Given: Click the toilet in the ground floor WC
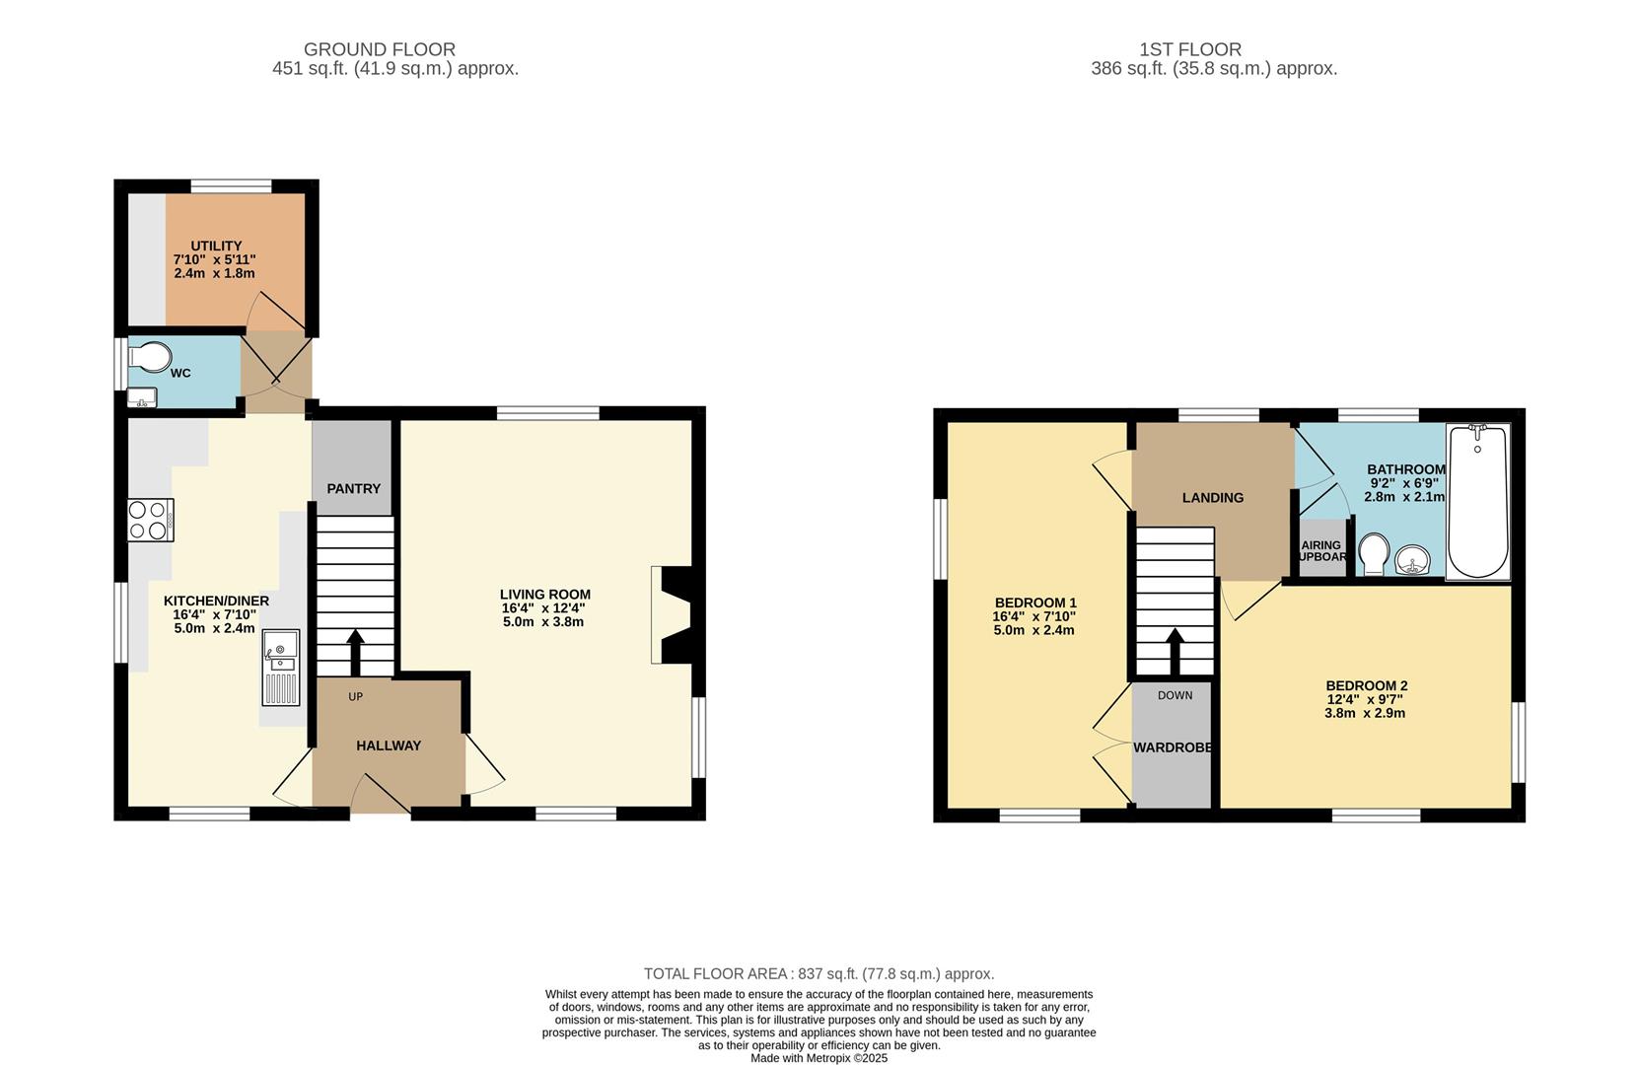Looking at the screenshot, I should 149,357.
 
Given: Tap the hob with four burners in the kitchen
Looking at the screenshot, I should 150,520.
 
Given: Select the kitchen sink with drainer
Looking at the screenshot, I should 280,668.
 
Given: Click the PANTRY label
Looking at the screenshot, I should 353,489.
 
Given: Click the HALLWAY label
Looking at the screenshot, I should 389,745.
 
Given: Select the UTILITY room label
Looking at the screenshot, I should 216,246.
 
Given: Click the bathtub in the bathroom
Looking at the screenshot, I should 1477,501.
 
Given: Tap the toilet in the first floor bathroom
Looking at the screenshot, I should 1374,552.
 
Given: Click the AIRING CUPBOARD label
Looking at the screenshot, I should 1321,550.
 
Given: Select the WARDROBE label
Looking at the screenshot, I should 1172,747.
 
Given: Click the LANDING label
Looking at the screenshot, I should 1212,498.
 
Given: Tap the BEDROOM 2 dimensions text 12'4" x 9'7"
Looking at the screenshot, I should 1365,699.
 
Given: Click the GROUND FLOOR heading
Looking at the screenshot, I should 379,49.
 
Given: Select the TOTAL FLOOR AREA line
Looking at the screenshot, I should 819,973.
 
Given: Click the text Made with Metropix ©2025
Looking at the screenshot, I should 819,1058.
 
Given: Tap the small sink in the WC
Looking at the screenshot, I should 141,398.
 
